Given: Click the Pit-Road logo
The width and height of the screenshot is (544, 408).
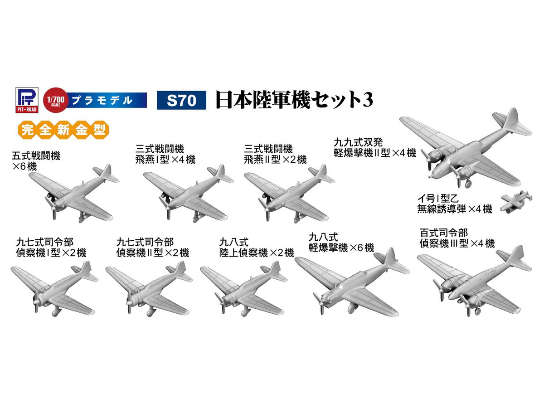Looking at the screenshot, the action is point(27,100).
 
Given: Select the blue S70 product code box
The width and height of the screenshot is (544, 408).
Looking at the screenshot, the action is point(181,100).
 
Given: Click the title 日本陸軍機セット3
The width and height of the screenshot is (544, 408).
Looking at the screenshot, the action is point(294,100).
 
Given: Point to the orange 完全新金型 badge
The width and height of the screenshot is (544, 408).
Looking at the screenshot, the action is point(64,130).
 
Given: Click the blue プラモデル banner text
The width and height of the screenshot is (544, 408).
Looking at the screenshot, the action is point(102,100).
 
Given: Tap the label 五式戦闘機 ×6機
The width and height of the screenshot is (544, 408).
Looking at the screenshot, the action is point(36,161).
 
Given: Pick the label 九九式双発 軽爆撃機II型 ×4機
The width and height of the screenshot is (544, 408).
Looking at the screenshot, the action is point(374,148).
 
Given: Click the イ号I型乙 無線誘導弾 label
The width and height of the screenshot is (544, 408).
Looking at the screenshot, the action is point(455,204).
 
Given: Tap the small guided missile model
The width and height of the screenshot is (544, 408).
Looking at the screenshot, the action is point(516,201).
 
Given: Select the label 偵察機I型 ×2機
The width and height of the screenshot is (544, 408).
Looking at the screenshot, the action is point(51,253).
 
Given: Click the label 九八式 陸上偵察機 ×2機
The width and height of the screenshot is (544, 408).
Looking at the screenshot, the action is point(257,248).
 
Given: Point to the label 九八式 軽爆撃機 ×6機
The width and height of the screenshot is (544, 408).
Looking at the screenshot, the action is point(341,243).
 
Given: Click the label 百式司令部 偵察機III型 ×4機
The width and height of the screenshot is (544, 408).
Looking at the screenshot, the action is point(457,238).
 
